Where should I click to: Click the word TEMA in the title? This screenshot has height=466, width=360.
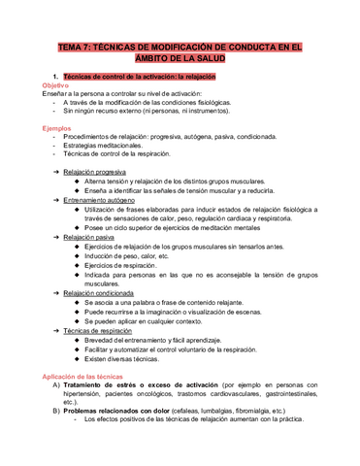point(71,46)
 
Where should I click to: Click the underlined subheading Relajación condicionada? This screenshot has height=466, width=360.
point(103,290)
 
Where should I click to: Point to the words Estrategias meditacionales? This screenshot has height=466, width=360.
point(108,145)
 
